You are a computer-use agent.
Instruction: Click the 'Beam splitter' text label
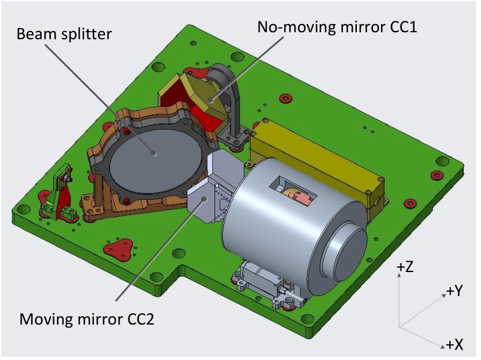pyautogui.click(x=64, y=34)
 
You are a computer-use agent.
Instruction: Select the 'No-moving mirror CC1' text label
pyautogui.click(x=337, y=27)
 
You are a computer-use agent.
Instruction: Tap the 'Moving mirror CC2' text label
pyautogui.click(x=87, y=320)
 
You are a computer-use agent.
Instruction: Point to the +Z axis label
pyautogui.click(x=405, y=268)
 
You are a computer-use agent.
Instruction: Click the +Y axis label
pyautogui.click(x=454, y=290)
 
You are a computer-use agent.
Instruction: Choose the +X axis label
pyautogui.click(x=454, y=345)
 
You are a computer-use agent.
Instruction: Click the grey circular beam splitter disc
pyautogui.click(x=156, y=160)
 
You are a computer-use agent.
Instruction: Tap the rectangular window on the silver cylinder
pyautogui.click(x=292, y=190)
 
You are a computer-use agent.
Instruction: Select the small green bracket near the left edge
pyautogui.click(x=61, y=193)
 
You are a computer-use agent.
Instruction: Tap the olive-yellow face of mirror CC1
pyautogui.click(x=204, y=94)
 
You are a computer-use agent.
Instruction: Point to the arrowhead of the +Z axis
pyautogui.click(x=399, y=275)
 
